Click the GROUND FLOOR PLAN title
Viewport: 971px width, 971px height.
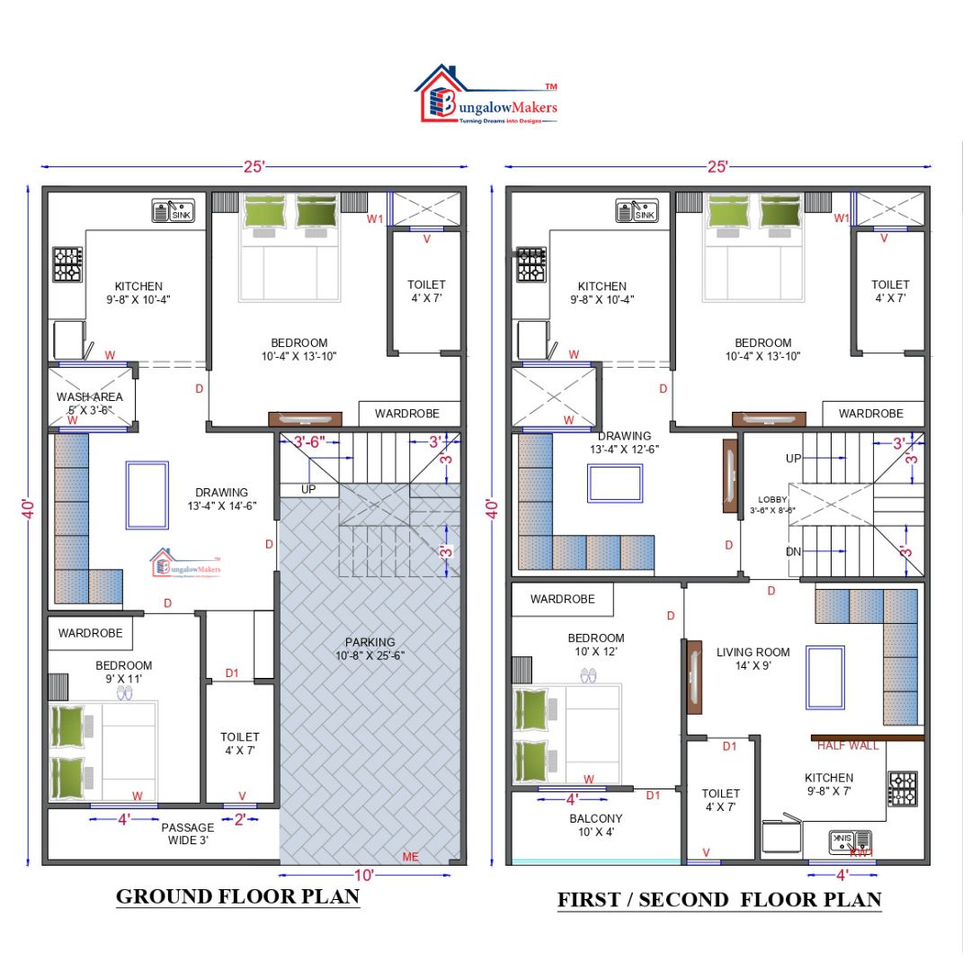238,896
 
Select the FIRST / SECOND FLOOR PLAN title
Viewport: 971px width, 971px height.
719,899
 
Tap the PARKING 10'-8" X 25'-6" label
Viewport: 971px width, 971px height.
370,648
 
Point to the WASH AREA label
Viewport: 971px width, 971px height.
89,403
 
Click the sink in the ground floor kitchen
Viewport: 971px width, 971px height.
173,212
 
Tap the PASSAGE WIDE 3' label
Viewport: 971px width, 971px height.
187,833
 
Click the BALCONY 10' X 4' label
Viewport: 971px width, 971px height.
595,825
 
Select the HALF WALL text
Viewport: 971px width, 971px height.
848,745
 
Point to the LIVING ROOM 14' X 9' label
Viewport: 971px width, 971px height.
753,659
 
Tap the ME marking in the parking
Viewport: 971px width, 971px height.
411,857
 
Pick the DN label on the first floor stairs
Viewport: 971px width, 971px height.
793,552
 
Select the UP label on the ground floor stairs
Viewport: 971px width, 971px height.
308,490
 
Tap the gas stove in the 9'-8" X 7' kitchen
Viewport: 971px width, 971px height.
902,788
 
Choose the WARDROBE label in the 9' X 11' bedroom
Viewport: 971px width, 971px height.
90,633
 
